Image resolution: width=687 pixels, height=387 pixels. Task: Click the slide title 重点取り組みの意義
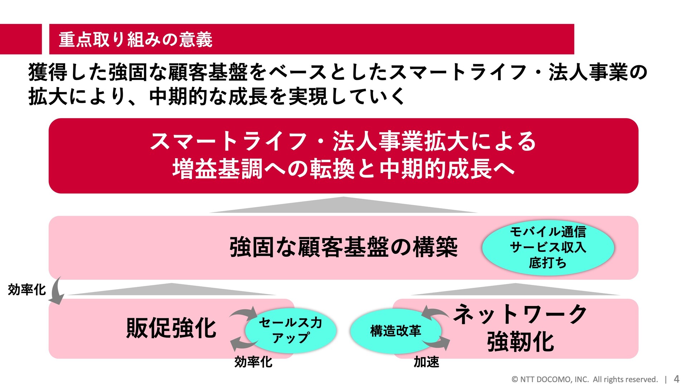coord(136,39)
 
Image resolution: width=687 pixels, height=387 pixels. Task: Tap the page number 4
coord(676,379)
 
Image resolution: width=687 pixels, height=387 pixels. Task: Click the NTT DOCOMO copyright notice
coord(585,379)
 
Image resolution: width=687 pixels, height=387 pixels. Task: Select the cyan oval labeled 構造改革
coord(395,331)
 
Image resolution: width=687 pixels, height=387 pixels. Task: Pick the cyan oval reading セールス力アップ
coord(291,330)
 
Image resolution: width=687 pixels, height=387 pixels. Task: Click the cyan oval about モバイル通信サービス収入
coord(548,247)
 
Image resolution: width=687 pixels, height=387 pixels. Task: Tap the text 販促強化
coord(171,328)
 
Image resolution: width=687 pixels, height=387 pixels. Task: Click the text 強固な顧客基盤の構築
coord(343,247)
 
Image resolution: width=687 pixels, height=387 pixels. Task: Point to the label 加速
coord(426,362)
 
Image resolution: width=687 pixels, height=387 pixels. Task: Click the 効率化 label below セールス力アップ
coord(253,362)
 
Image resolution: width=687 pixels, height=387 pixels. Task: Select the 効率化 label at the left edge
coord(27,290)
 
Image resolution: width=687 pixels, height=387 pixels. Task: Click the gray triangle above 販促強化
coord(172,291)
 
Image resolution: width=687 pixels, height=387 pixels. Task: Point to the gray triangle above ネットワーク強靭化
coord(515,291)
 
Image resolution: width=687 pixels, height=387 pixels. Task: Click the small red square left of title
coord(21,39)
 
